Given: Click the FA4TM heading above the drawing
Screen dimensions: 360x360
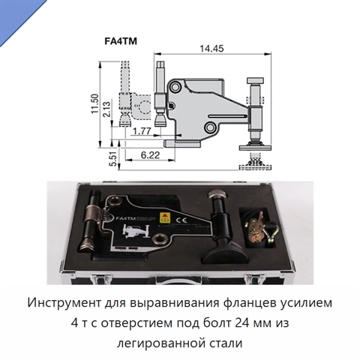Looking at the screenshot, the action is point(121,40).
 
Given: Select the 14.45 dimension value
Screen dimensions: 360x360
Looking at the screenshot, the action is point(211,49).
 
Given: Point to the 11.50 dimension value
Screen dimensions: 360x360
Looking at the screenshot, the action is point(95,103).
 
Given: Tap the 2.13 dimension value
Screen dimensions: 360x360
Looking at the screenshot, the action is point(106,109).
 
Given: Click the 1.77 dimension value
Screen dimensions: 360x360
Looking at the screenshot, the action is point(142,131).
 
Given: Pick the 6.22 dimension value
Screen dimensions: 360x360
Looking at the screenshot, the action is point(150,155).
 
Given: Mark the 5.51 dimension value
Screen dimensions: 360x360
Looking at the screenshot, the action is point(113,159).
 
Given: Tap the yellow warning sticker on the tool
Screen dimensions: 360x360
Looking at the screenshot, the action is point(164,217).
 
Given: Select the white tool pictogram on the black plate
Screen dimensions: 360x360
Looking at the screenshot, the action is point(136,230).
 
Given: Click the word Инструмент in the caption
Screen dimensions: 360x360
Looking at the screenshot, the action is point(64,303).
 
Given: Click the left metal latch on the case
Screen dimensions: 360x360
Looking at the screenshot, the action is point(97,280).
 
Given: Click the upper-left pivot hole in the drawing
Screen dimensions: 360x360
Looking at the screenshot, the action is point(175,87).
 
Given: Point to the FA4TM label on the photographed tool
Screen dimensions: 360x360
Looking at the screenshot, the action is point(125,218).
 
